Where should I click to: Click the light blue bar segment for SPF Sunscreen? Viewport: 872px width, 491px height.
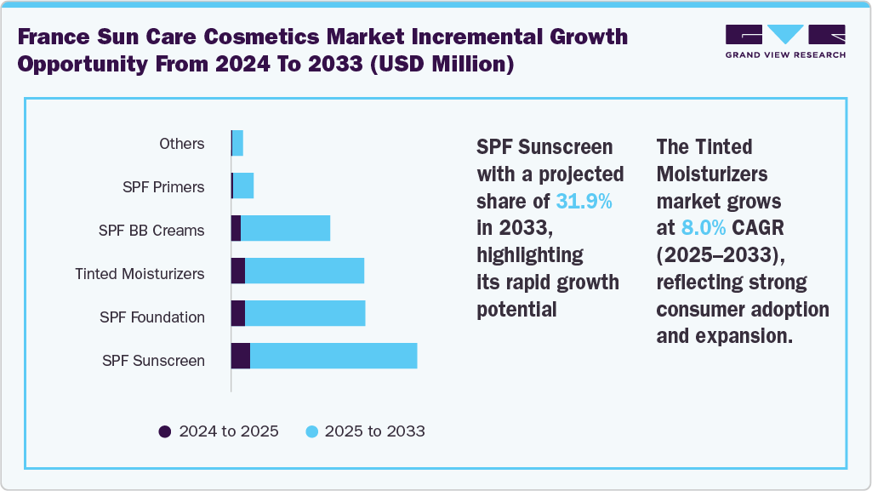[x=333, y=357]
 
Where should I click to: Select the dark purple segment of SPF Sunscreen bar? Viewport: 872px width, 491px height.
[x=241, y=357]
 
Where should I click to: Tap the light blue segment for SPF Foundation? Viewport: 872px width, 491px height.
[x=305, y=313]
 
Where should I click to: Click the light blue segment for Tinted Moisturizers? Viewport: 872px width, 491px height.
[x=305, y=271]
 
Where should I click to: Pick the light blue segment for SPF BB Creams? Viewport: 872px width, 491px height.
[x=285, y=228]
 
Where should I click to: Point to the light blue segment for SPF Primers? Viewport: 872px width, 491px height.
[x=243, y=186]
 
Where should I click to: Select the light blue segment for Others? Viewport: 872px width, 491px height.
[x=238, y=143]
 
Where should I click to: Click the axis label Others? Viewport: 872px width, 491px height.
[x=182, y=144]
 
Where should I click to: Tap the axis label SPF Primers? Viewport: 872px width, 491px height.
[x=163, y=187]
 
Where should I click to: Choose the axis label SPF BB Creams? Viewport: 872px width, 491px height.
[x=151, y=231]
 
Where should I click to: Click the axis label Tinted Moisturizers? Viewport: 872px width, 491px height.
[x=140, y=274]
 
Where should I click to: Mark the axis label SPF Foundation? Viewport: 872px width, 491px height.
[x=152, y=317]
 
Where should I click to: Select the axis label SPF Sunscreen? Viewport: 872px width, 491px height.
[x=153, y=361]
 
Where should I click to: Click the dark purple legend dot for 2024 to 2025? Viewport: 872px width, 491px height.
[x=165, y=431]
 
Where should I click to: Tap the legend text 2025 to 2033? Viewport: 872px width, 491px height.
[x=373, y=431]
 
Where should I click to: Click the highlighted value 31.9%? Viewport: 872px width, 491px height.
[x=584, y=202]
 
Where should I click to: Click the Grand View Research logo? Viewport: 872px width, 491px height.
[x=785, y=42]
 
